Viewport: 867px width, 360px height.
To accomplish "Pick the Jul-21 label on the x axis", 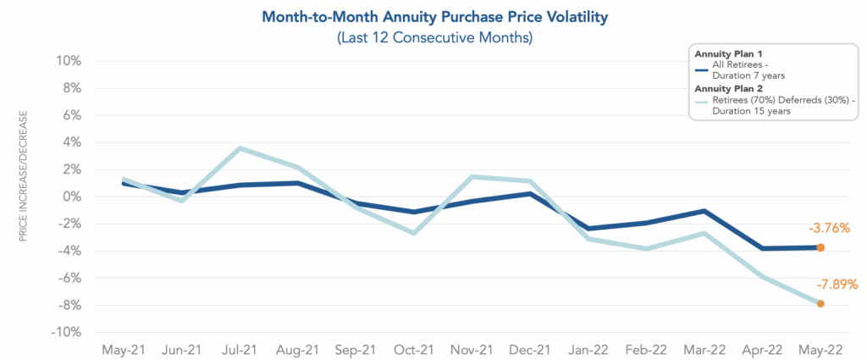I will (240, 349).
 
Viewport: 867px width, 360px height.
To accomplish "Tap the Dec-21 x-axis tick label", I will (530, 349).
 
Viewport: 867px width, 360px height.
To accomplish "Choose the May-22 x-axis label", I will (820, 349).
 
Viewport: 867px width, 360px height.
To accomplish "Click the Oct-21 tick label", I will (414, 349).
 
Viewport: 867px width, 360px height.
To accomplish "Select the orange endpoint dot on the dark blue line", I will (820, 247).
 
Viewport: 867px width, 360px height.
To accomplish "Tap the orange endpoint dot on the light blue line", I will (820, 303).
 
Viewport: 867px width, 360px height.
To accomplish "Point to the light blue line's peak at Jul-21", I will (240, 148).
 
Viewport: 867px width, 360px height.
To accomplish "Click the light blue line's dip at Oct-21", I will (414, 233).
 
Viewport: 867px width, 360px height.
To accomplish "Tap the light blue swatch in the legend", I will (700, 102).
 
